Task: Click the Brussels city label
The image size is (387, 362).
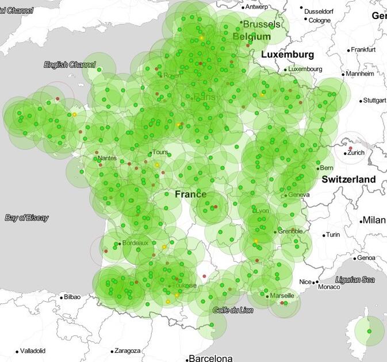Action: click(x=262, y=25)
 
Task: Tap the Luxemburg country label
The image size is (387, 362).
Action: click(x=288, y=55)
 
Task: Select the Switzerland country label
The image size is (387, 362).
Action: click(x=348, y=179)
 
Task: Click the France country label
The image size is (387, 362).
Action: click(x=190, y=194)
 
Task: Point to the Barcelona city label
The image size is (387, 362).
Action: click(x=211, y=358)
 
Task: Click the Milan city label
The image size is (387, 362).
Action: click(x=374, y=221)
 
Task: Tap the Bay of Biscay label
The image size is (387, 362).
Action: click(x=26, y=218)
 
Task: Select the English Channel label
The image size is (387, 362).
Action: click(x=70, y=64)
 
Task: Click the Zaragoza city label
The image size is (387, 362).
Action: click(x=127, y=351)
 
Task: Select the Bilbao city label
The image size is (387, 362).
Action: click(x=72, y=297)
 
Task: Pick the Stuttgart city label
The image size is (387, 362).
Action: click(x=374, y=100)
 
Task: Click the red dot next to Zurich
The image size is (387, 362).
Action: click(x=350, y=149)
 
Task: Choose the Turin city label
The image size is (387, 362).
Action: click(x=333, y=235)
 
